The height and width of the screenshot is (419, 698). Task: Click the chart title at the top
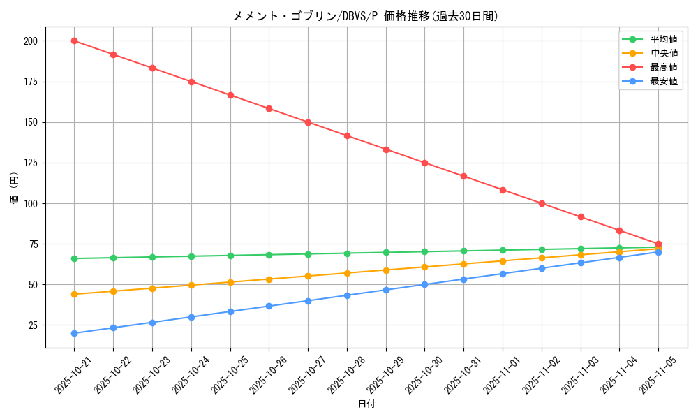tap(366, 16)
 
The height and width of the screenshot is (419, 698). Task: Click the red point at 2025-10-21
tap(74, 41)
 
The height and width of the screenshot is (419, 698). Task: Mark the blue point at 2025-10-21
tap(74, 333)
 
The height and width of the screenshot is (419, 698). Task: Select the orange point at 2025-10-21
tap(74, 294)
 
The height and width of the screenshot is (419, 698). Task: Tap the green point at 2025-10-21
tap(74, 258)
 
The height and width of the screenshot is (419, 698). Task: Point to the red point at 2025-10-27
tap(308, 122)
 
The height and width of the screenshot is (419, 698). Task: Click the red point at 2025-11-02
tap(542, 203)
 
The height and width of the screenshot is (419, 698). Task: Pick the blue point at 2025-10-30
tap(424, 284)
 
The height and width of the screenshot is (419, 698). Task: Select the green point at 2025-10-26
tap(269, 255)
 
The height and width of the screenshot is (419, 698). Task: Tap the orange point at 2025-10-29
tap(386, 270)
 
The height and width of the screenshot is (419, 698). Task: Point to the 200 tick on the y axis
tap(30, 41)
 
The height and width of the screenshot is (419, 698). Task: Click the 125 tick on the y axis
tap(30, 163)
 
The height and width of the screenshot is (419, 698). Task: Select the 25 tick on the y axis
tap(33, 325)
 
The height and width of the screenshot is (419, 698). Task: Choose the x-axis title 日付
tap(366, 404)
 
